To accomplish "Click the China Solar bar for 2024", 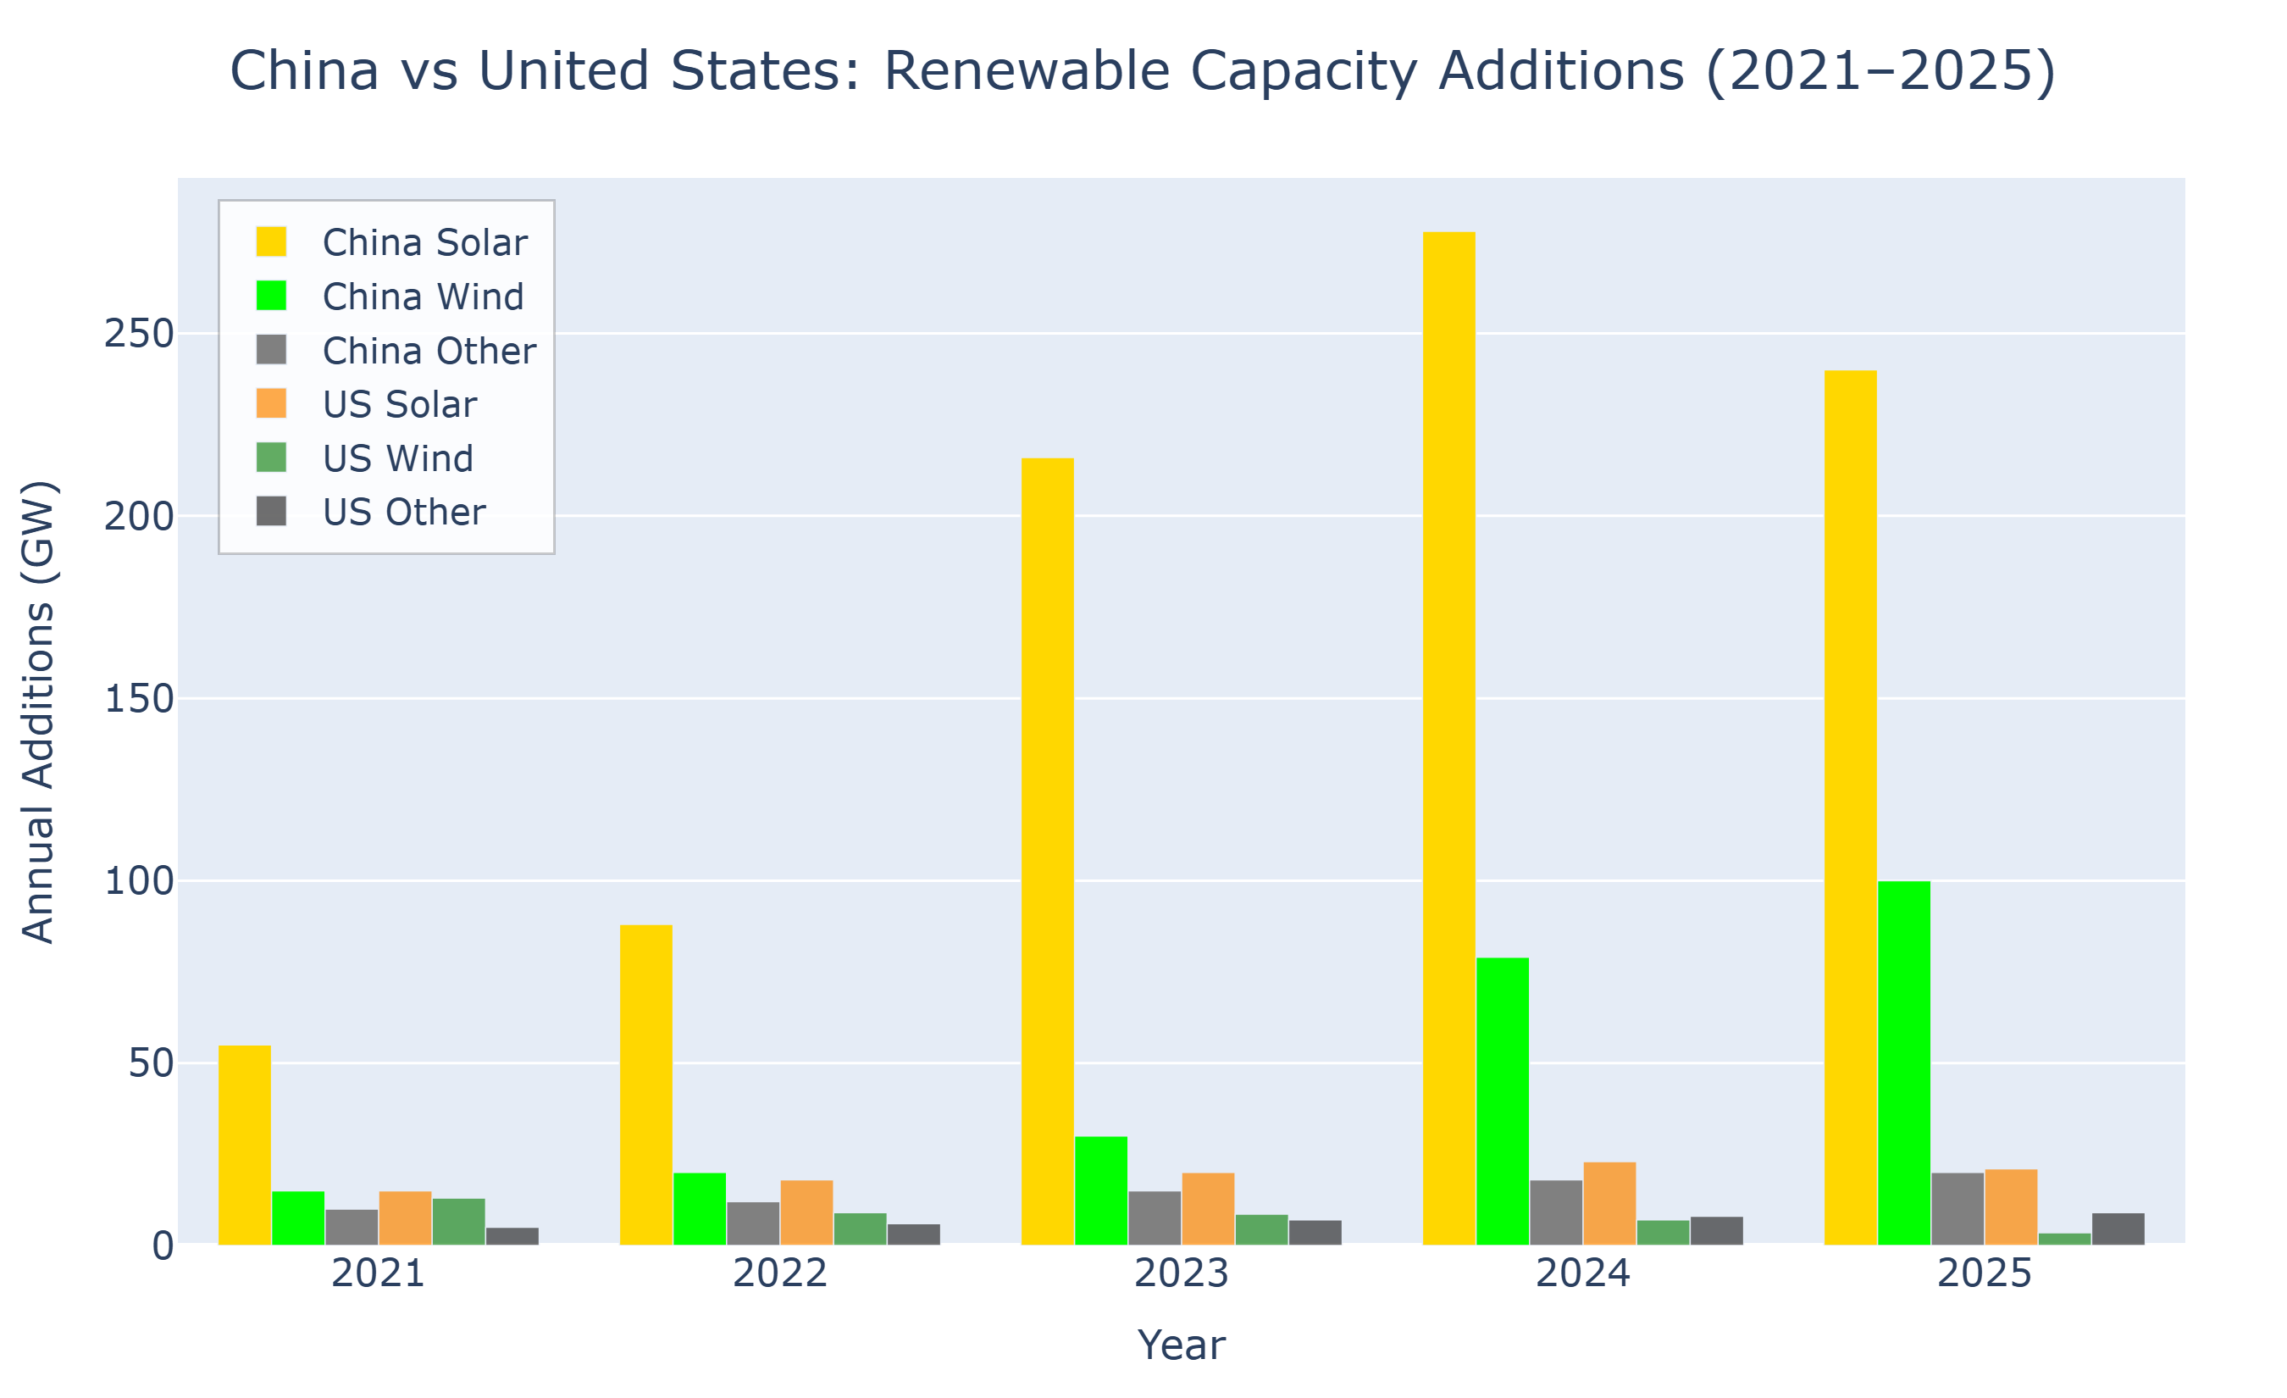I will (x=1449, y=738).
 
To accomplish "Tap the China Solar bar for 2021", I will (x=244, y=1145).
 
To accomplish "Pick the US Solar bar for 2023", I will (x=1209, y=1207).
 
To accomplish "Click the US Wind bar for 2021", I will (x=458, y=1221).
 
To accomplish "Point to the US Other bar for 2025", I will (x=2118, y=1229).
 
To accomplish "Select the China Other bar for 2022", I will (x=753, y=1223).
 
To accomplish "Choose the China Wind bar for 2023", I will (x=1101, y=1190).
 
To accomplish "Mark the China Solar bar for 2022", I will (x=646, y=1085).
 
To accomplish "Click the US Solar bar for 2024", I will (x=1609, y=1203).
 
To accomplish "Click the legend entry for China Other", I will (x=428, y=351).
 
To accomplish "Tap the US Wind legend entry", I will (x=397, y=458).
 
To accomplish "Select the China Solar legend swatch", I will (x=271, y=241).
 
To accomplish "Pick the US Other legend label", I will (x=404, y=513).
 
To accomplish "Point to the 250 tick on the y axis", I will (x=139, y=334).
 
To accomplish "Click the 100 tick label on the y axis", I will (x=139, y=881).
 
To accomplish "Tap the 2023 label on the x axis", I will (x=1181, y=1273).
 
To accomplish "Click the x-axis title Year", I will (x=1181, y=1345).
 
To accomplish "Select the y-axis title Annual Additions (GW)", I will (x=39, y=712).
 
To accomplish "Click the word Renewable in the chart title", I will (x=1026, y=71).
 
